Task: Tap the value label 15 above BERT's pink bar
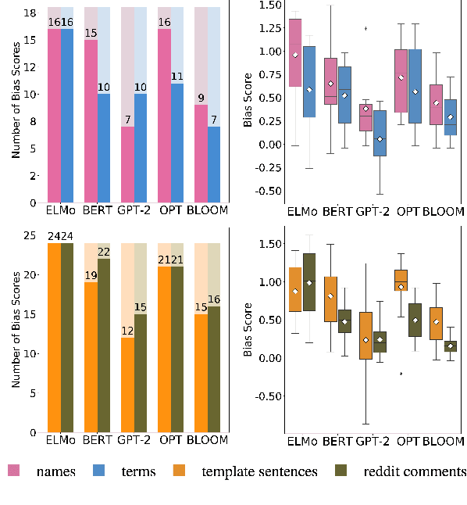click(91, 34)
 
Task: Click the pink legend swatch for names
click(13, 470)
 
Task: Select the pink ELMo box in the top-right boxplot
click(295, 52)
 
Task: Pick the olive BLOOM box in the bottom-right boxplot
click(451, 346)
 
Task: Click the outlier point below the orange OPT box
click(401, 374)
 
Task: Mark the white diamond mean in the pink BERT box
click(331, 83)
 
